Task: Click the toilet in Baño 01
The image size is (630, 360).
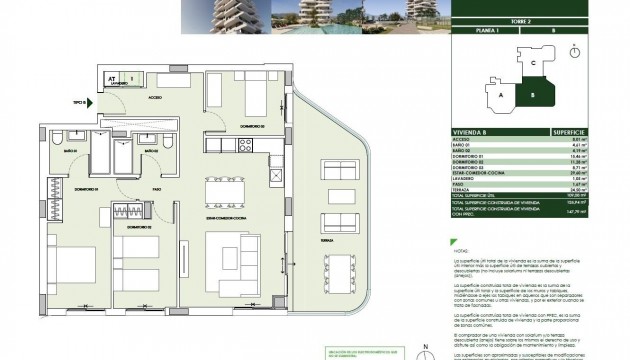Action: point(61,139)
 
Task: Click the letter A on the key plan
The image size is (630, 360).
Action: point(500,98)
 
